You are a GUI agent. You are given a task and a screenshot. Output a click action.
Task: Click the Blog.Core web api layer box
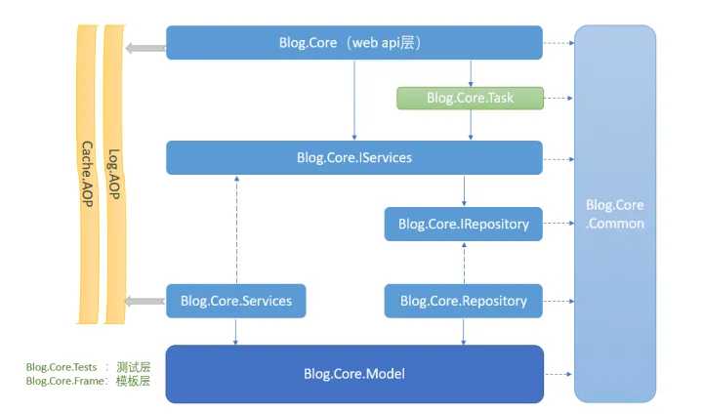tap(354, 43)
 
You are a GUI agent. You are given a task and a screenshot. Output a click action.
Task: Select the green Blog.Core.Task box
tap(470, 98)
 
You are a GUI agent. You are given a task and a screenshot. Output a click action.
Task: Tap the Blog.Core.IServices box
tap(354, 157)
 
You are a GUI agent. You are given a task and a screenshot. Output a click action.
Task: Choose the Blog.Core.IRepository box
tap(464, 224)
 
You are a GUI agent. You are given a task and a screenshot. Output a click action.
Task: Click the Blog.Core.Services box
tap(236, 301)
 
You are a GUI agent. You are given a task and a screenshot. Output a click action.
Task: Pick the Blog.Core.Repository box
tap(464, 301)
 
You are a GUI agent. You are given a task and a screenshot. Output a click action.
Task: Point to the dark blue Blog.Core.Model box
tap(354, 374)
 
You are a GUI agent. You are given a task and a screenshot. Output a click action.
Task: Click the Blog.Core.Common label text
tap(615, 214)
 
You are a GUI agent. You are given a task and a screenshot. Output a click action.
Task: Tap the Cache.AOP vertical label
tap(87, 174)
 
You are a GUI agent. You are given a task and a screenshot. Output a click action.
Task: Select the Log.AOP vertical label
tap(114, 174)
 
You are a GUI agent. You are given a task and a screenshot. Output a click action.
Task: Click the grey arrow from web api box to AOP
tap(145, 48)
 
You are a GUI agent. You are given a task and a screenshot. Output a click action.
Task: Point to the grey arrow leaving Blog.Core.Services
tap(145, 301)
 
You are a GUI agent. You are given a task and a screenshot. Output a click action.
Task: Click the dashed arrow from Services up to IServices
tap(236, 229)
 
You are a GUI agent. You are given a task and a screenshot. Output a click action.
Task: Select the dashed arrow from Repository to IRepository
tap(464, 263)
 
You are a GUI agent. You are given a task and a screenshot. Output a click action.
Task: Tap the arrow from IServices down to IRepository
tap(464, 190)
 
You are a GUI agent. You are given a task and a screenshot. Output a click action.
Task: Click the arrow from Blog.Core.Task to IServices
tap(471, 125)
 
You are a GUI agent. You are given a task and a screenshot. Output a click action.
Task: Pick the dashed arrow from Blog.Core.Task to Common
tap(558, 98)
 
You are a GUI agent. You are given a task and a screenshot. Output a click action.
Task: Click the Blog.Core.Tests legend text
tap(62, 367)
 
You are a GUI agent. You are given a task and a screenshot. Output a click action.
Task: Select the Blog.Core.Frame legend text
tap(65, 381)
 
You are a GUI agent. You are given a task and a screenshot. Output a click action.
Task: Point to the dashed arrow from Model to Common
tap(558, 374)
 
